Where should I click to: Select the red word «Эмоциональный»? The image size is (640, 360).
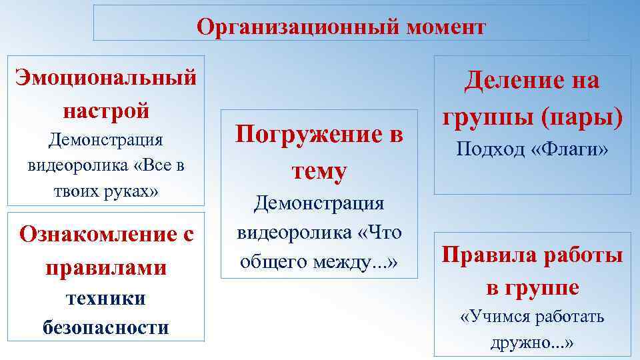(106, 77)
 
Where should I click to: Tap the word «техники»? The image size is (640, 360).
(106, 298)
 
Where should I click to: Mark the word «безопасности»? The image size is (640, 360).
(106, 327)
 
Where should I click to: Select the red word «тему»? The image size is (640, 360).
(319, 171)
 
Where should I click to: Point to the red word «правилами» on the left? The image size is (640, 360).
(106, 267)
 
